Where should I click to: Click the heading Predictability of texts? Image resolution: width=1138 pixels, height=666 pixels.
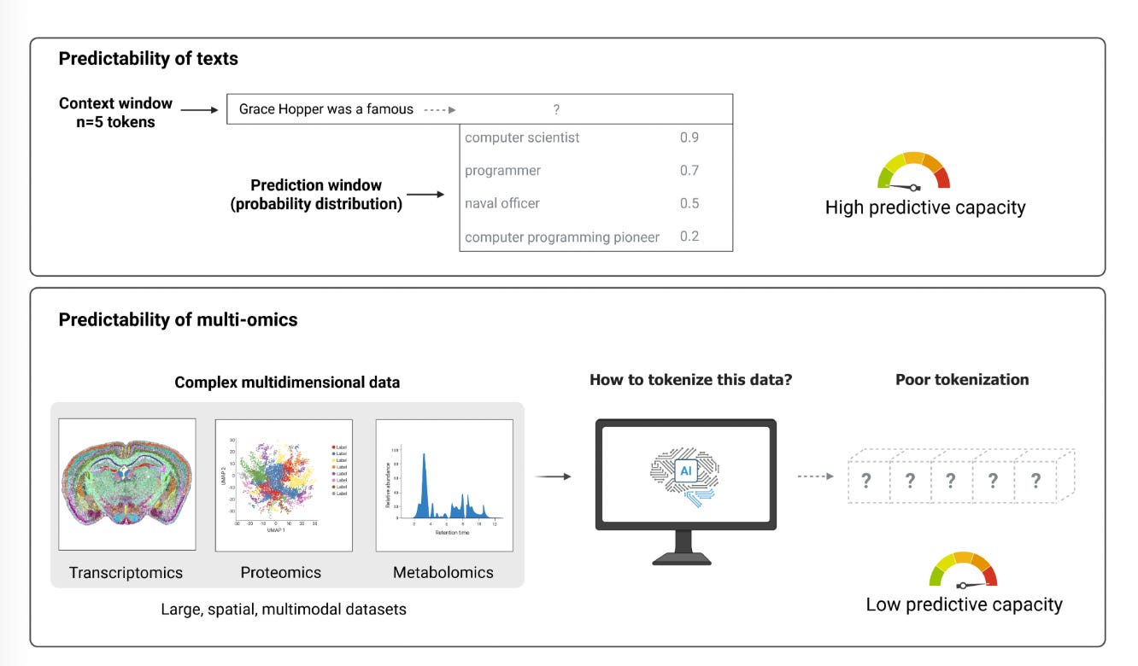pos(148,59)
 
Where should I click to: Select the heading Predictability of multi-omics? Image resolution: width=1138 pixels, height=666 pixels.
pos(178,319)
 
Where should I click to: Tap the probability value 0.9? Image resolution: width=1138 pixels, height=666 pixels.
pos(689,137)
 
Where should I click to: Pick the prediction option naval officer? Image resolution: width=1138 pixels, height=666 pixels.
pos(502,203)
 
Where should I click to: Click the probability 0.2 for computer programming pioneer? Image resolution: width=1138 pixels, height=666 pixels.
pos(689,237)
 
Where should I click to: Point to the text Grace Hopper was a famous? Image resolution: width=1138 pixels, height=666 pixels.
pos(326,109)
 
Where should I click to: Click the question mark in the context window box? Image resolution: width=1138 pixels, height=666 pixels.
pos(556,109)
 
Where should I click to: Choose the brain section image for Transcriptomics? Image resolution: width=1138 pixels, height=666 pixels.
pos(126,482)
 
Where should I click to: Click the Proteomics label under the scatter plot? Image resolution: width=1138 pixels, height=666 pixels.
pos(281,572)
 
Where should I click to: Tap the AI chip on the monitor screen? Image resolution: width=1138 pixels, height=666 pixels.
pos(685,470)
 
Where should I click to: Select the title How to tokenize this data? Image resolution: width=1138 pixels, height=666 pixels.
pos(690,379)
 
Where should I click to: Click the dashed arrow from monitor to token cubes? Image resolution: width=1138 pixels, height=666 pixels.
pos(815,476)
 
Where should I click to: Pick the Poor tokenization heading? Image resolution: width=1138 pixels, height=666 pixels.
pos(962,379)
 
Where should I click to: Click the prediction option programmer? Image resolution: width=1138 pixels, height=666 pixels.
pos(502,171)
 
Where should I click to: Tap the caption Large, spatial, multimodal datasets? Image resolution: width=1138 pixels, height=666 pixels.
pos(283,610)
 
